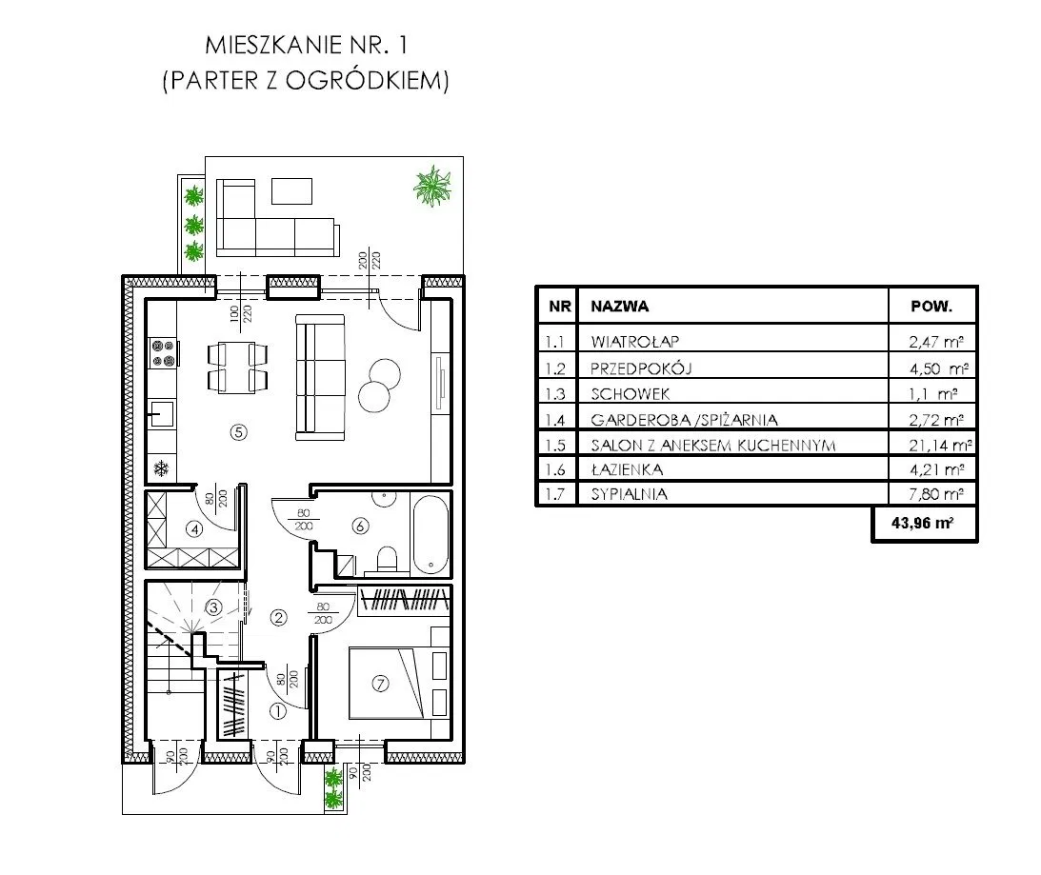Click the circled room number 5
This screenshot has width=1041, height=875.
(x=238, y=432)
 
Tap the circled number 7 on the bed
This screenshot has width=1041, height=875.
(x=380, y=683)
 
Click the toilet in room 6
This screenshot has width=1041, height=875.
(x=386, y=560)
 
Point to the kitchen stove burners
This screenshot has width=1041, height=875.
(x=163, y=353)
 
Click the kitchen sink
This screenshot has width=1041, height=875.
(x=161, y=414)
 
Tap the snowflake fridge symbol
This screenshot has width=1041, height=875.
(x=161, y=468)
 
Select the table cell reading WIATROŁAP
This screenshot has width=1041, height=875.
(x=634, y=342)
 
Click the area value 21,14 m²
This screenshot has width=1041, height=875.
(x=939, y=445)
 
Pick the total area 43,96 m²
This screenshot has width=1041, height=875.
(x=923, y=523)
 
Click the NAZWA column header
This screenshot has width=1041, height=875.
(x=619, y=307)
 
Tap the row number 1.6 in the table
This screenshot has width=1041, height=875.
(x=554, y=470)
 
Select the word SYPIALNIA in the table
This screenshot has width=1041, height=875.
(x=629, y=494)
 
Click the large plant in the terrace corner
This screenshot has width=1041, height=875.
(x=432, y=186)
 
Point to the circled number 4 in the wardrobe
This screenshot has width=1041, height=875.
(x=194, y=529)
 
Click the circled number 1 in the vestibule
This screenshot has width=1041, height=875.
(x=277, y=711)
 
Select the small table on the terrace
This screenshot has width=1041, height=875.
(x=291, y=190)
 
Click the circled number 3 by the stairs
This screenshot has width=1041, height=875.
(x=213, y=607)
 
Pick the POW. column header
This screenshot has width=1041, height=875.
(x=931, y=307)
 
